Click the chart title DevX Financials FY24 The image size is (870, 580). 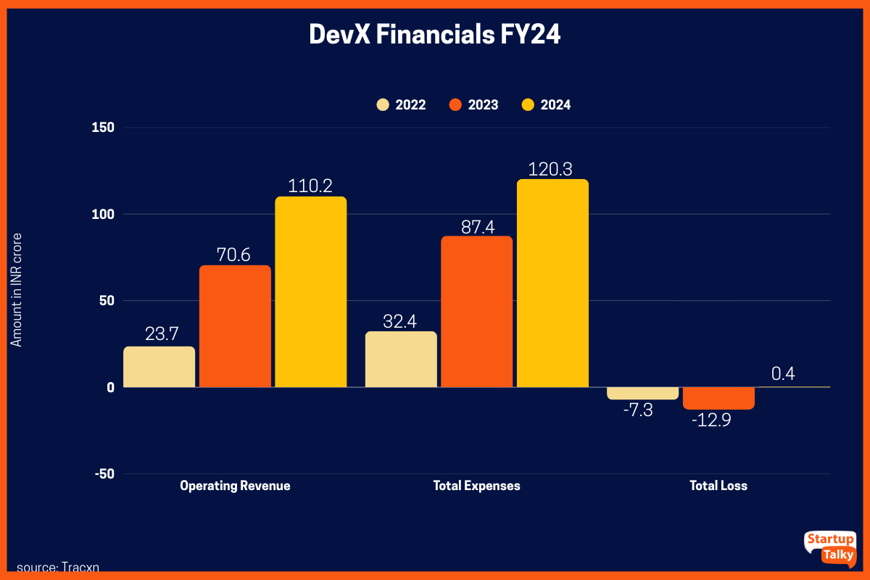[435, 35]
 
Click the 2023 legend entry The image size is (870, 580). [473, 104]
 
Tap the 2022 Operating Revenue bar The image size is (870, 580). [159, 367]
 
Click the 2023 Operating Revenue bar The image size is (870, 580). [235, 326]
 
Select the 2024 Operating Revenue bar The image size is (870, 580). [310, 292]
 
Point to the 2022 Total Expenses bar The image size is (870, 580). [401, 360]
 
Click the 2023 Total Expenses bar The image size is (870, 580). [476, 312]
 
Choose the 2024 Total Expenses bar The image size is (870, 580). [552, 283]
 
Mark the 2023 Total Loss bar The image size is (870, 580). [718, 398]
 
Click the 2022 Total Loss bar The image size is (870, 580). [643, 393]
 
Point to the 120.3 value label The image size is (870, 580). [552, 169]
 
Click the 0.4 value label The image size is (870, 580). [783, 374]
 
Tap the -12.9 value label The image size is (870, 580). [710, 420]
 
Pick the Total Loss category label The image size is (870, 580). [718, 486]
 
